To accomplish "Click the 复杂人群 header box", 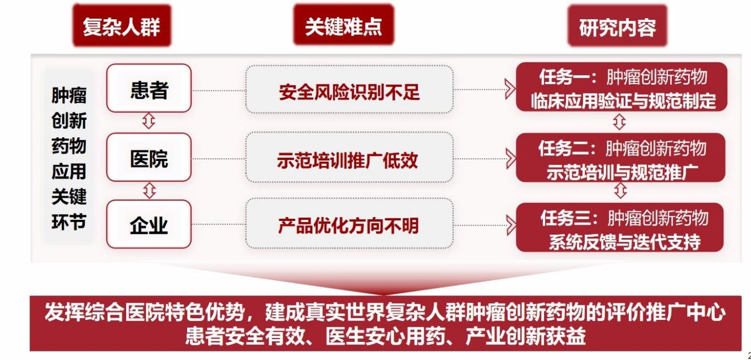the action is coord(122,25).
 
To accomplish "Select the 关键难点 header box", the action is coord(344,25).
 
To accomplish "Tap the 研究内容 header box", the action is coord(617,26).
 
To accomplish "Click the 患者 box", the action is coord(149,88).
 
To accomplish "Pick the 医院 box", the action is coord(149,157).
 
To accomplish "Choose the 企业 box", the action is coord(149,224).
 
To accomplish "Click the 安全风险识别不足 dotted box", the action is coord(349,89).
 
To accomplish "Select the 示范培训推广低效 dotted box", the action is coord(349,157).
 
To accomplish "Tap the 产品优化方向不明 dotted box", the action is coord(349,224).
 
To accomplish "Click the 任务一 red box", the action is coord(621,87).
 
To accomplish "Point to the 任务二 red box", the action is coord(620,158).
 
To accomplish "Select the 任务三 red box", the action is coord(620,227).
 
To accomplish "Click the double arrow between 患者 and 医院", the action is coord(149,121).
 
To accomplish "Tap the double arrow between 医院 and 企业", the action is coord(149,190).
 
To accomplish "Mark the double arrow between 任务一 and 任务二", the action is coord(619,122).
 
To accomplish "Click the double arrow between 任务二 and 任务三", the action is coord(620,191).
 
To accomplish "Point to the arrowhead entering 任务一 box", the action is coord(510,89).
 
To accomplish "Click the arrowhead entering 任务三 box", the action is coord(511,225).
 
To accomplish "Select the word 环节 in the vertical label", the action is coord(69,222).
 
